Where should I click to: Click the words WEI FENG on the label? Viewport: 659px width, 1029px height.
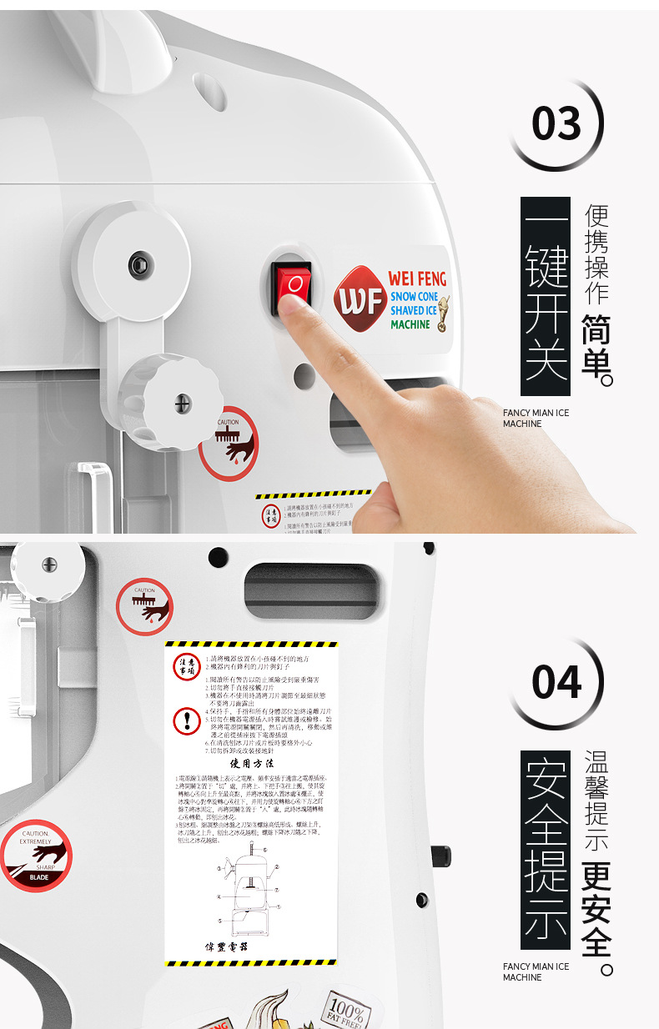click(x=417, y=279)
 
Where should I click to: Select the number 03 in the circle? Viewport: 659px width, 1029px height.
click(x=556, y=125)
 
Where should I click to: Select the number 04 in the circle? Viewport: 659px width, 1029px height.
click(x=556, y=683)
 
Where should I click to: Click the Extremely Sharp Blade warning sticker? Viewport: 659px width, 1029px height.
click(x=36, y=856)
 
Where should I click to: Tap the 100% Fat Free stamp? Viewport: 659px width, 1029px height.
click(x=344, y=1011)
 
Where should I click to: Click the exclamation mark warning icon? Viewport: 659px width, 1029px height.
click(x=186, y=720)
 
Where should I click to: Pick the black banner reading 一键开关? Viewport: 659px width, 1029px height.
click(x=545, y=296)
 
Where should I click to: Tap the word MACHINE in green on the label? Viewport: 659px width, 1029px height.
click(x=410, y=324)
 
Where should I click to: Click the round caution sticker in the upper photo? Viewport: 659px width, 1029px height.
click(x=228, y=443)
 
